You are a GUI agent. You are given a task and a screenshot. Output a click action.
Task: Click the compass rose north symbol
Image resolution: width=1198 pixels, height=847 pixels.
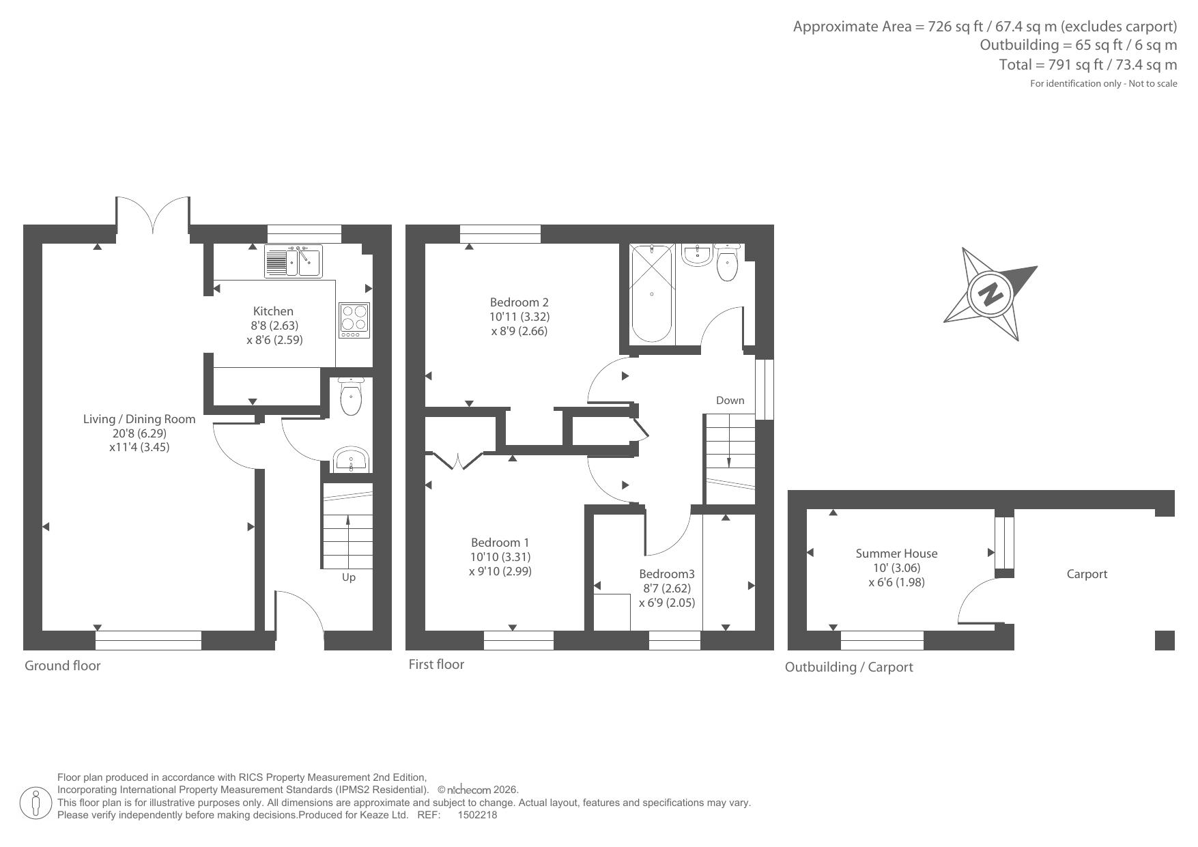pos(990,294)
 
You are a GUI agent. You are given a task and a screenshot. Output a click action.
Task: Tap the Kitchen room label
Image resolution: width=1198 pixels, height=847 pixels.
pos(273,311)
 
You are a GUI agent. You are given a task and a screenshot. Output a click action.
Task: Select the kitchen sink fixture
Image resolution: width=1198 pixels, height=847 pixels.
pos(293,261)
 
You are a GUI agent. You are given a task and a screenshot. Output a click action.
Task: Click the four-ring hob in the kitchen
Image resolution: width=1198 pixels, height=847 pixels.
pos(354,320)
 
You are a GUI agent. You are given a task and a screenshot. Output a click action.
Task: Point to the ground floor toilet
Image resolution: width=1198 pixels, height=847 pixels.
pos(351,396)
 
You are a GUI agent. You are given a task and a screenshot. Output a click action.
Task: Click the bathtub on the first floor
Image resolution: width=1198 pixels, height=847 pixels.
pos(652,294)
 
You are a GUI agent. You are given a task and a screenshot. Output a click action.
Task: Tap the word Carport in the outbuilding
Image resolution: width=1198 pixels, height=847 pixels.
pos(1087,574)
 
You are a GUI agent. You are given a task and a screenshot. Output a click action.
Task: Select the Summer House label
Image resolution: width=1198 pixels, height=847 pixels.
pos(896,554)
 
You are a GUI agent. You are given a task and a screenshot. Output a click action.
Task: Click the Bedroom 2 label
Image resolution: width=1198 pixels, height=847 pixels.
pos(519,302)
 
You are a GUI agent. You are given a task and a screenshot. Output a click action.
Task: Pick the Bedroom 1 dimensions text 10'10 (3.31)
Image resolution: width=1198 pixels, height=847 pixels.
pos(500,557)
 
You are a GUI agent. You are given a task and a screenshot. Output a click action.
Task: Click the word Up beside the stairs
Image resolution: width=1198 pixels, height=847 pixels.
pos(348,577)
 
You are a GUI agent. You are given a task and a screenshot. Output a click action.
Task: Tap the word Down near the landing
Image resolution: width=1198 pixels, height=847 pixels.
pos(730,401)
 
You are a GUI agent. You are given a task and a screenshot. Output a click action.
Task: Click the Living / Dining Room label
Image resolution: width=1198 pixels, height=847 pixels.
pos(139,419)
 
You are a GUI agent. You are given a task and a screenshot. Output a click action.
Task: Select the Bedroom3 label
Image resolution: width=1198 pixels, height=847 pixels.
pos(666,574)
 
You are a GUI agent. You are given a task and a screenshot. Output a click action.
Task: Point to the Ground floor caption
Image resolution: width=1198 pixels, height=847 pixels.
pos(63,665)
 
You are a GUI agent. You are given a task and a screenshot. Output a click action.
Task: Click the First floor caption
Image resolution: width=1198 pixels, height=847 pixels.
pos(436,664)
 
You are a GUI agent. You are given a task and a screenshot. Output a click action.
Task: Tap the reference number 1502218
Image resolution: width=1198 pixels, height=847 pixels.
pos(477,815)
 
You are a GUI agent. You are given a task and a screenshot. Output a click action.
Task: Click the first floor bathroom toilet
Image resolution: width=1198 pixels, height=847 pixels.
pos(727,262)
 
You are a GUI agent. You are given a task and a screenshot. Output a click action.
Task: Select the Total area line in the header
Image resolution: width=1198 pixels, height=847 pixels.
pos(1088,65)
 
